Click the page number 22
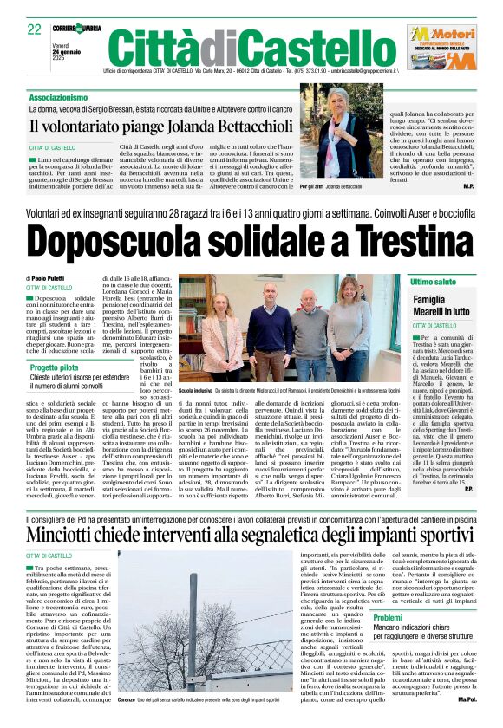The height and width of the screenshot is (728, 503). pos(35,29)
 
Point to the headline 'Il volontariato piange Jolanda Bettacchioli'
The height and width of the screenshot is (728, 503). pos(147,125)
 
